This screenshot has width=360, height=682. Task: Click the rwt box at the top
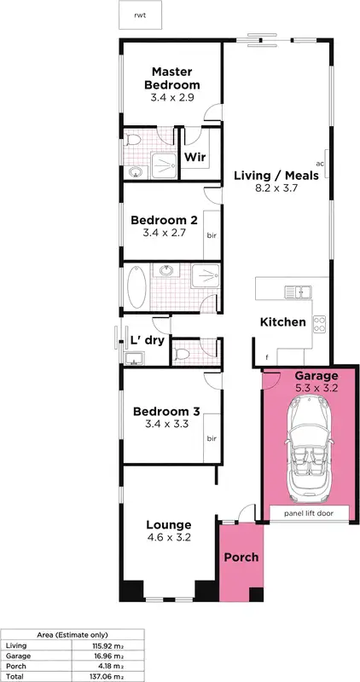pos(139,15)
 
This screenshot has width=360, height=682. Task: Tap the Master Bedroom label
pos(176,78)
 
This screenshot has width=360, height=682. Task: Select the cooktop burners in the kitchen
pos(321,323)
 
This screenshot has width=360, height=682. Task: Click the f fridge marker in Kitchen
pos(267,356)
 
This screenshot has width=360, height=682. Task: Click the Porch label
pos(241,557)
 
